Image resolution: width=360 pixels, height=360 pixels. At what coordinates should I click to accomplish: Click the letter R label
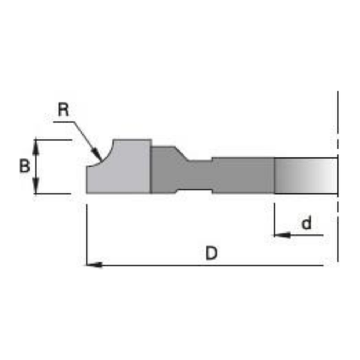[x=63, y=109]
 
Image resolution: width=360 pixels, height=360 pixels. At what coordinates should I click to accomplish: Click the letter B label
[x=24, y=166]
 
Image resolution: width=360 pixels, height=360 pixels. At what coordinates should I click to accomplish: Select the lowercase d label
[x=307, y=222]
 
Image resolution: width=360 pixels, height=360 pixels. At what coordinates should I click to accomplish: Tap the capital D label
[x=211, y=253]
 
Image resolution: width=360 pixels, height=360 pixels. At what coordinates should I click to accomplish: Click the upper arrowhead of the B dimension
[x=35, y=146]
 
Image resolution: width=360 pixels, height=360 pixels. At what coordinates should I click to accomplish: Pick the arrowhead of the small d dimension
[x=282, y=235]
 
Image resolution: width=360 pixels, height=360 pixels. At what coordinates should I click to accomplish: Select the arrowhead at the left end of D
[x=94, y=265]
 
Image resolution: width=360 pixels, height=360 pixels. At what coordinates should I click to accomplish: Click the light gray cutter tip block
[x=119, y=166]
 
